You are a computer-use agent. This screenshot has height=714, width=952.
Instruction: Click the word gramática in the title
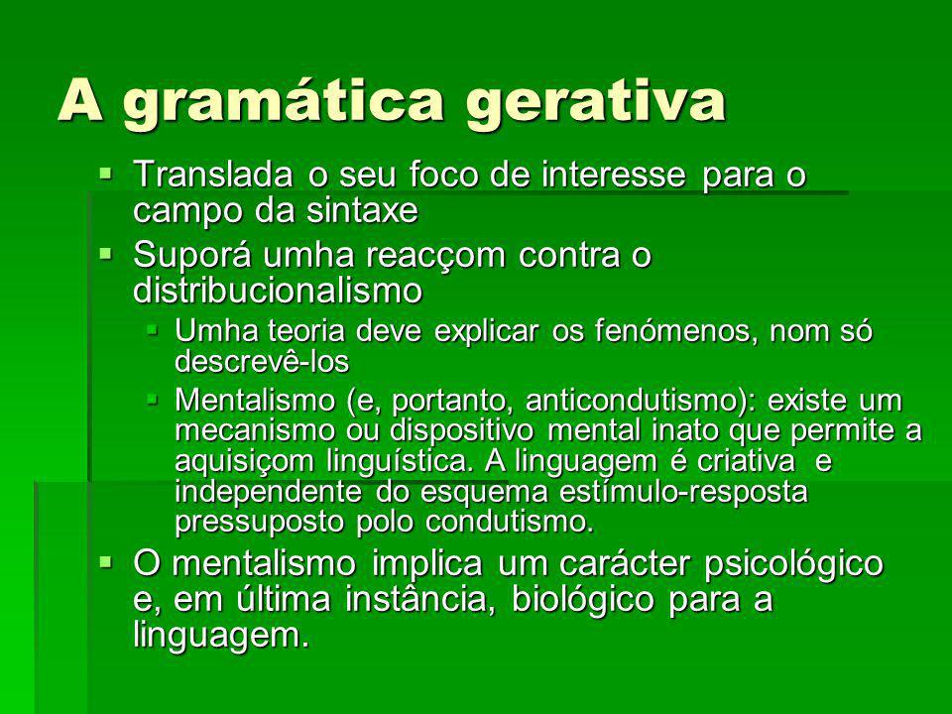[284, 101]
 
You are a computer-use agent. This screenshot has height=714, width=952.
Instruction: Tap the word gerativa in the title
[597, 101]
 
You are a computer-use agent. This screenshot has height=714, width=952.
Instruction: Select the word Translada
[213, 175]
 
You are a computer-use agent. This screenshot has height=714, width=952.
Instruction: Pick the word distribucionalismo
[278, 290]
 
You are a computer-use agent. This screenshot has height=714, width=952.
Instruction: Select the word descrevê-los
[262, 362]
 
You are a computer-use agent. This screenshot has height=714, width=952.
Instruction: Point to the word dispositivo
[462, 431]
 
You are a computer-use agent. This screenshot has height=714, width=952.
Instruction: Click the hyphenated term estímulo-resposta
[683, 492]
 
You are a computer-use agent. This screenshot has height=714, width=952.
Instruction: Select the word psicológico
[793, 564]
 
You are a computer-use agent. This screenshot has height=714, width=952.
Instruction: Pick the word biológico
[583, 600]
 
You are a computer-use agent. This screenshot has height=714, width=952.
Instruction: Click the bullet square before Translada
[107, 175]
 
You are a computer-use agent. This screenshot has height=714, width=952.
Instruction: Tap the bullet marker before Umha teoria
[152, 331]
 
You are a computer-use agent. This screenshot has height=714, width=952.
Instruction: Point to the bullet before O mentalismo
[107, 563]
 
